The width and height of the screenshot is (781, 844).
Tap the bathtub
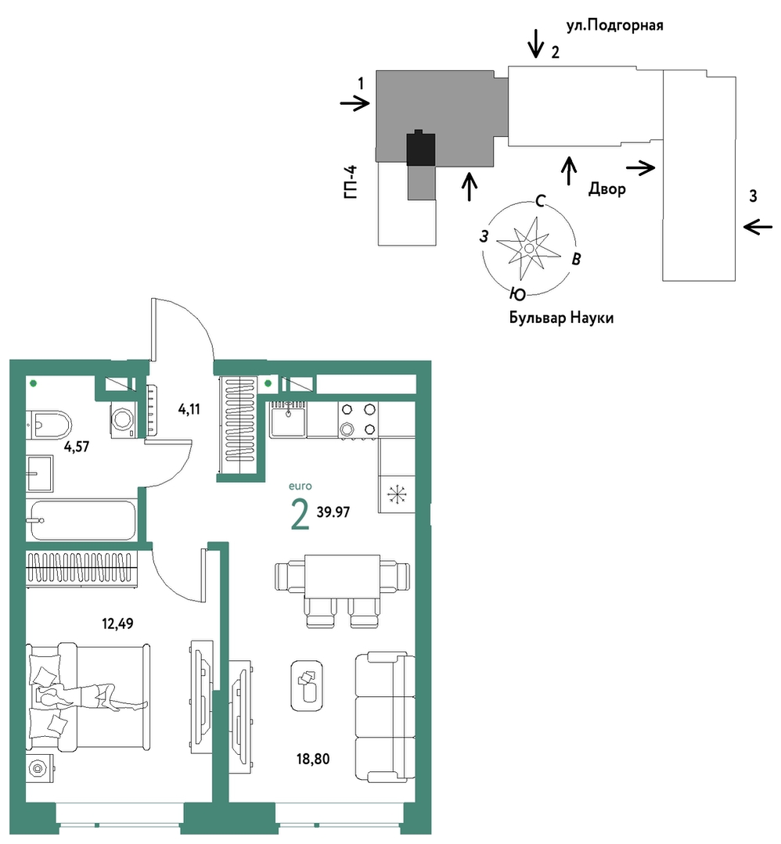tap(82, 520)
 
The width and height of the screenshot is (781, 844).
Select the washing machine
tap(123, 419)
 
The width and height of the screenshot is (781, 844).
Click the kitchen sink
tap(288, 420)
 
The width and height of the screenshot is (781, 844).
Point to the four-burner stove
tap(358, 420)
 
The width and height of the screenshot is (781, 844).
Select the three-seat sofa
tap(385, 717)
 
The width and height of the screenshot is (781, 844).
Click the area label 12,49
tap(117, 624)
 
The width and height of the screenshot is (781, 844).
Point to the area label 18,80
tap(313, 759)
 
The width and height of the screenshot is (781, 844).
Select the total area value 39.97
tap(333, 512)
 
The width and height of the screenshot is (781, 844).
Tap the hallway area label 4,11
tap(189, 409)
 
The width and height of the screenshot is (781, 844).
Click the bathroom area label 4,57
tap(77, 446)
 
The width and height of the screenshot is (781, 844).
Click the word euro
tap(300, 486)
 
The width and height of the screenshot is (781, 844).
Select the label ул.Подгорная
tap(614, 25)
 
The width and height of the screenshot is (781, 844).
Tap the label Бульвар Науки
tap(561, 318)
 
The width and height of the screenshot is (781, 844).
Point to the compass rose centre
tap(529, 248)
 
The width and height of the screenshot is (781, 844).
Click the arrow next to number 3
tap(758, 227)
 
